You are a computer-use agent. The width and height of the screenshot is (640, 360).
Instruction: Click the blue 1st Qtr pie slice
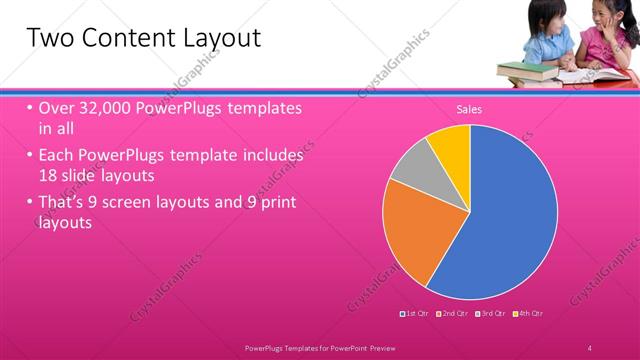pyautogui.click(x=510, y=215)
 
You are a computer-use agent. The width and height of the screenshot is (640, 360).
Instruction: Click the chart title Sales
pyautogui.click(x=469, y=109)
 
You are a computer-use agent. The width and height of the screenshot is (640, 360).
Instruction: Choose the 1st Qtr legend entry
pyautogui.click(x=415, y=314)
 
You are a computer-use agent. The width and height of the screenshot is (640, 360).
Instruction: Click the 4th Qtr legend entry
pyautogui.click(x=530, y=314)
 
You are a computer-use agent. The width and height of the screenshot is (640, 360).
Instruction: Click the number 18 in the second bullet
pyautogui.click(x=50, y=174)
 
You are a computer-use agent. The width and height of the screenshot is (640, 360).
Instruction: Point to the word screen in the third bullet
pyautogui.click(x=146, y=203)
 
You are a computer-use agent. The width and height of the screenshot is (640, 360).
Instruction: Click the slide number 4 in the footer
pyautogui.click(x=589, y=347)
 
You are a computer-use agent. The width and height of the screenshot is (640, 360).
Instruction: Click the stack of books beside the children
pyautogui.click(x=524, y=71)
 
